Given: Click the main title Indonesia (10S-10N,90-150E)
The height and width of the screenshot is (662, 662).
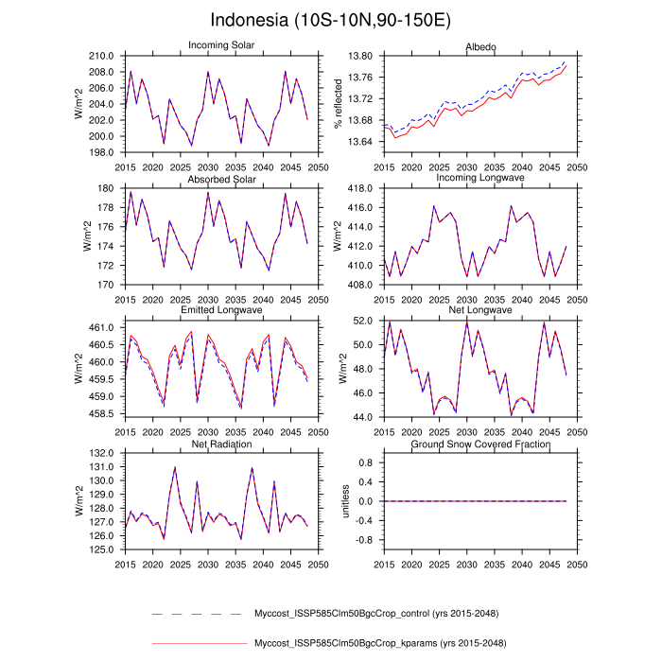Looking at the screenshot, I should click(331, 20).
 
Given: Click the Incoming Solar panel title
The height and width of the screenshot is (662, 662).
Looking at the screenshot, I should click(221, 45).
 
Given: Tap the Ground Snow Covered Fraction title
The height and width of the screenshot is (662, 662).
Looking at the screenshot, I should click(476, 444).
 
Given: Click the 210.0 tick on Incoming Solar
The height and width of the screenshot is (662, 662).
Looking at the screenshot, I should click(104, 57).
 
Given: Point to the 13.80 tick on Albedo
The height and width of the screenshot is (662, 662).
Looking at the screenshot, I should click(361, 57).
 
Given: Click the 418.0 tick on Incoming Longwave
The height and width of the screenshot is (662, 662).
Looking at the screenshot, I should click(360, 189).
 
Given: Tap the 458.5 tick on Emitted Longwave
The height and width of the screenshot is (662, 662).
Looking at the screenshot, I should click(104, 414).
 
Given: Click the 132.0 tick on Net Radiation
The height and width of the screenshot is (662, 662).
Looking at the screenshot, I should click(104, 454).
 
